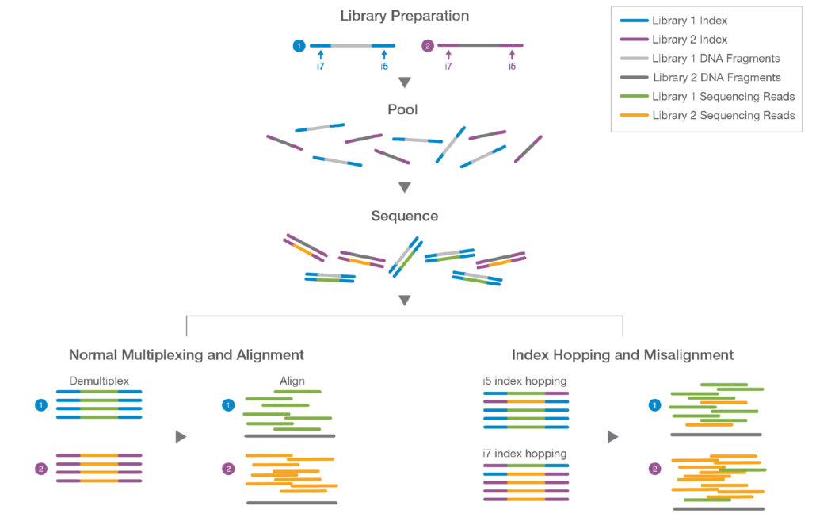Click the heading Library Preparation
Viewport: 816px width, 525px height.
point(404,16)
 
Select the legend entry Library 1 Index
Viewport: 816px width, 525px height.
point(688,20)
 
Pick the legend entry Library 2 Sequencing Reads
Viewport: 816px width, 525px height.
point(723,115)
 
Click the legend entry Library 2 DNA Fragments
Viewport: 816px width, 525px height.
point(716,77)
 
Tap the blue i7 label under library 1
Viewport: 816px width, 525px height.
point(320,67)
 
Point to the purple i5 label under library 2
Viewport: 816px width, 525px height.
point(512,67)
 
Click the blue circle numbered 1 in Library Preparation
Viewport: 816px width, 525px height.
point(299,46)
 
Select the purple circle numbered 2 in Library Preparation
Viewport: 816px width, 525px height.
point(428,46)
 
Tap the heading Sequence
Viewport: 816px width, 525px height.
point(404,216)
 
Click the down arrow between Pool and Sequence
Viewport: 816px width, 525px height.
point(404,188)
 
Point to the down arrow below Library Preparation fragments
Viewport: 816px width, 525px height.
point(404,82)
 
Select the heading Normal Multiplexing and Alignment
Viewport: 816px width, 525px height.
point(186,354)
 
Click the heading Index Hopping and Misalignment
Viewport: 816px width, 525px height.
point(623,354)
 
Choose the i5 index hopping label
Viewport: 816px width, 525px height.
point(524,381)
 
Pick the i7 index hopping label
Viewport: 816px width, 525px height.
point(524,454)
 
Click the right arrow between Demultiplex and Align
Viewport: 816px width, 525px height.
point(181,437)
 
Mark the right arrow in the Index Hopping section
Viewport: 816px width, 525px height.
point(613,437)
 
